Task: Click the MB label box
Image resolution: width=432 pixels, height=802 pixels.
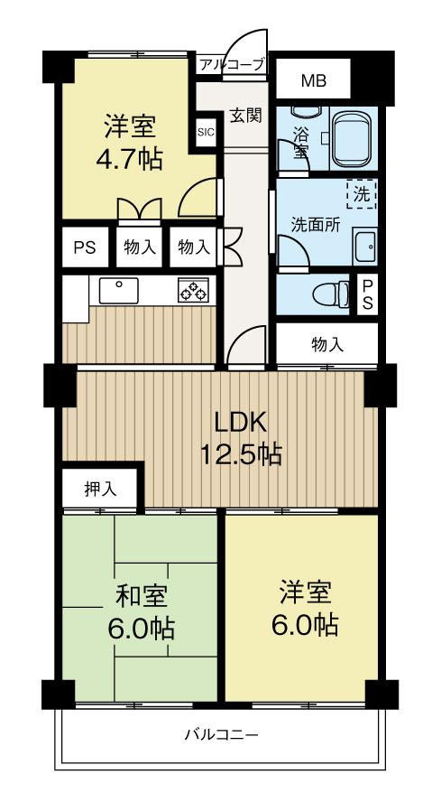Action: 313,81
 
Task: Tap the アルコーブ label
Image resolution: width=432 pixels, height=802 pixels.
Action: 232,64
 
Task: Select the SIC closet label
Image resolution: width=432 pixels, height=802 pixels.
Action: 207,132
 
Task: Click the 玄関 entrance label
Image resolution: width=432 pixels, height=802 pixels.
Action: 245,116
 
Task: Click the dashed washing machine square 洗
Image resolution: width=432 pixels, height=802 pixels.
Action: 361,193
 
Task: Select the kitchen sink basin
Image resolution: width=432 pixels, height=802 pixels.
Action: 118,290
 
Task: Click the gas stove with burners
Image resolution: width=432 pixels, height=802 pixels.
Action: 193,290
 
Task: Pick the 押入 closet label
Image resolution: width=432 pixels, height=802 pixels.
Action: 100,490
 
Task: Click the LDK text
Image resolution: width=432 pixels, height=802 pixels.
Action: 240,422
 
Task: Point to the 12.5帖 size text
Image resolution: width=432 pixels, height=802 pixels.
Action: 240,454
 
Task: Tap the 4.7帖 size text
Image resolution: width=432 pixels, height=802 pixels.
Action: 130,160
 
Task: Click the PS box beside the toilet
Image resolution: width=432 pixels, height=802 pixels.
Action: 367,294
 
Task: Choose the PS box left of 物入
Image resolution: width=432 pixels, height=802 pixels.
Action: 84,246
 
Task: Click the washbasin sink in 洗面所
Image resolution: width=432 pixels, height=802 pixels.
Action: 365,246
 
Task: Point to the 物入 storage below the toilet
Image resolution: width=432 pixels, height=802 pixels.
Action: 326,344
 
